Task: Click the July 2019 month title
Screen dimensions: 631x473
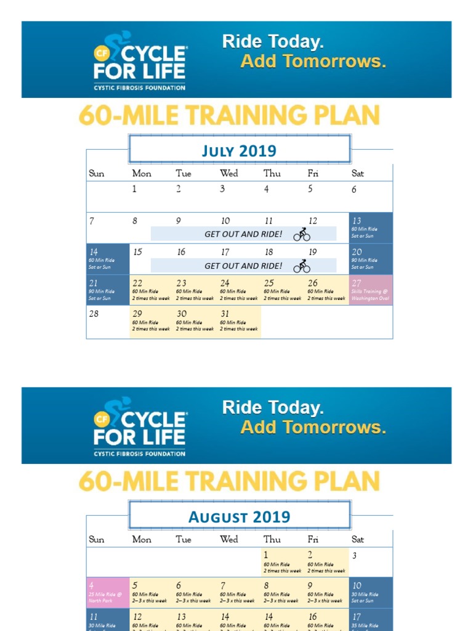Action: click(x=239, y=150)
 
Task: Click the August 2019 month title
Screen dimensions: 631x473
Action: click(x=239, y=516)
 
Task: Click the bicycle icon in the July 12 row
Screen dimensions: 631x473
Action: click(x=302, y=234)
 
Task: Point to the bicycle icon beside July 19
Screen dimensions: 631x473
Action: click(x=302, y=266)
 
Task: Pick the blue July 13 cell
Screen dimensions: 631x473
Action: click(x=371, y=227)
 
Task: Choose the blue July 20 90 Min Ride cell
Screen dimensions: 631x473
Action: click(x=371, y=259)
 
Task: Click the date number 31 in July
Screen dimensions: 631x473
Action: click(x=225, y=314)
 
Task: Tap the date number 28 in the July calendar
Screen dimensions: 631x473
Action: click(x=94, y=314)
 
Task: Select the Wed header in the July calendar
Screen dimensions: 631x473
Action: click(x=228, y=173)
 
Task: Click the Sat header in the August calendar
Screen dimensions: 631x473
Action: click(x=357, y=539)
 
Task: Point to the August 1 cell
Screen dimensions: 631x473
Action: click(x=283, y=562)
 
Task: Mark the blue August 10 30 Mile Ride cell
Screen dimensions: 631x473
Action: click(x=371, y=593)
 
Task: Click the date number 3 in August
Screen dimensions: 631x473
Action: click(x=354, y=555)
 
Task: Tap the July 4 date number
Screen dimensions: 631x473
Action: click(x=267, y=189)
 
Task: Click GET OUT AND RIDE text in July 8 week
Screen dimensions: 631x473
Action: click(x=243, y=234)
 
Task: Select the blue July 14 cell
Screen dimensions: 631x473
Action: click(x=108, y=259)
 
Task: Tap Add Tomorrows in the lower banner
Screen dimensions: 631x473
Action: click(x=313, y=427)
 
